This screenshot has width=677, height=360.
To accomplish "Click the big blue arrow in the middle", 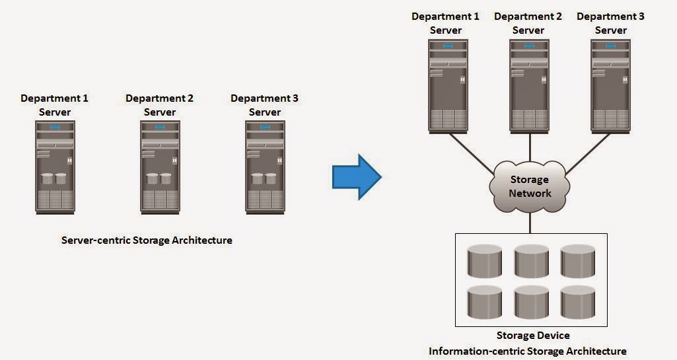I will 355,176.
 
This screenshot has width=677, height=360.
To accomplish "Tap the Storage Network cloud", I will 529,186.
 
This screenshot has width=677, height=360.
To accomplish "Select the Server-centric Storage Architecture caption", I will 147,240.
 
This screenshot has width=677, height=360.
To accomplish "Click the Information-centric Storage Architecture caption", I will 527,351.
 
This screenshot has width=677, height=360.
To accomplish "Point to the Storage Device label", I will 533,336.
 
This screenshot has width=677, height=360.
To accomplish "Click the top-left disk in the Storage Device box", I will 485,262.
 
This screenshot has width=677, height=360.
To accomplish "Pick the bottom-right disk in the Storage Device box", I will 579,303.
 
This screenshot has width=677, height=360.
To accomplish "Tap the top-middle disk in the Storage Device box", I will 532,262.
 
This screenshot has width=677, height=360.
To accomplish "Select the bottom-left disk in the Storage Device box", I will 485,303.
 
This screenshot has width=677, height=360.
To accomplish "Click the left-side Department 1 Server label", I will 54,105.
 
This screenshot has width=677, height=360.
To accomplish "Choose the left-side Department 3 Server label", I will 264,105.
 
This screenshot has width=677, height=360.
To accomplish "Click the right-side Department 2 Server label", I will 528,23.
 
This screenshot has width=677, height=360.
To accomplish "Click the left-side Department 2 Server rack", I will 160,166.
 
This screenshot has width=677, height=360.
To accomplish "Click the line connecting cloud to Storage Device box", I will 530,221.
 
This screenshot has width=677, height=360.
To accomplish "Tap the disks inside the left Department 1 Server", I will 54,178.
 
